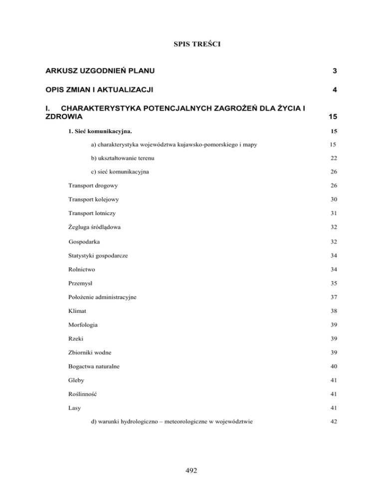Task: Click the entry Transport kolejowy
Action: (x=94, y=199)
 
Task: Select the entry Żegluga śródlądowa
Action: (x=94, y=227)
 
